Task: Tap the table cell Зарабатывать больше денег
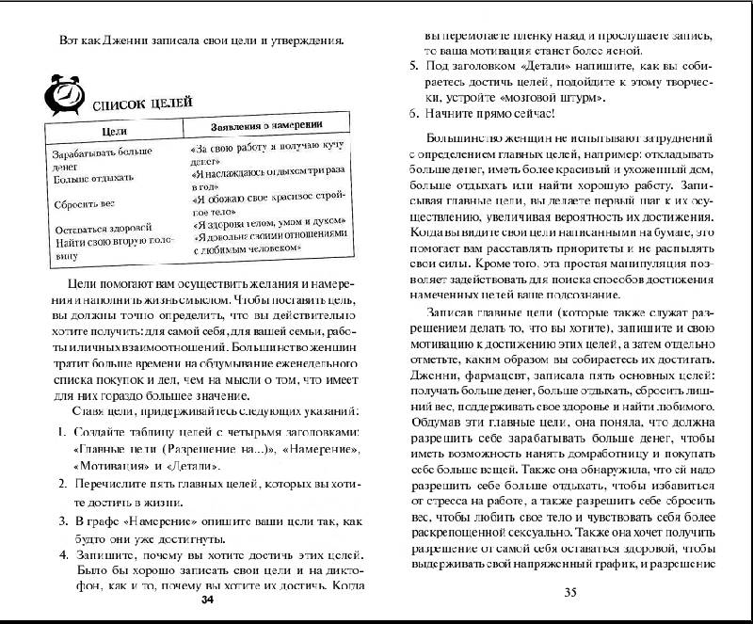(x=97, y=156)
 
